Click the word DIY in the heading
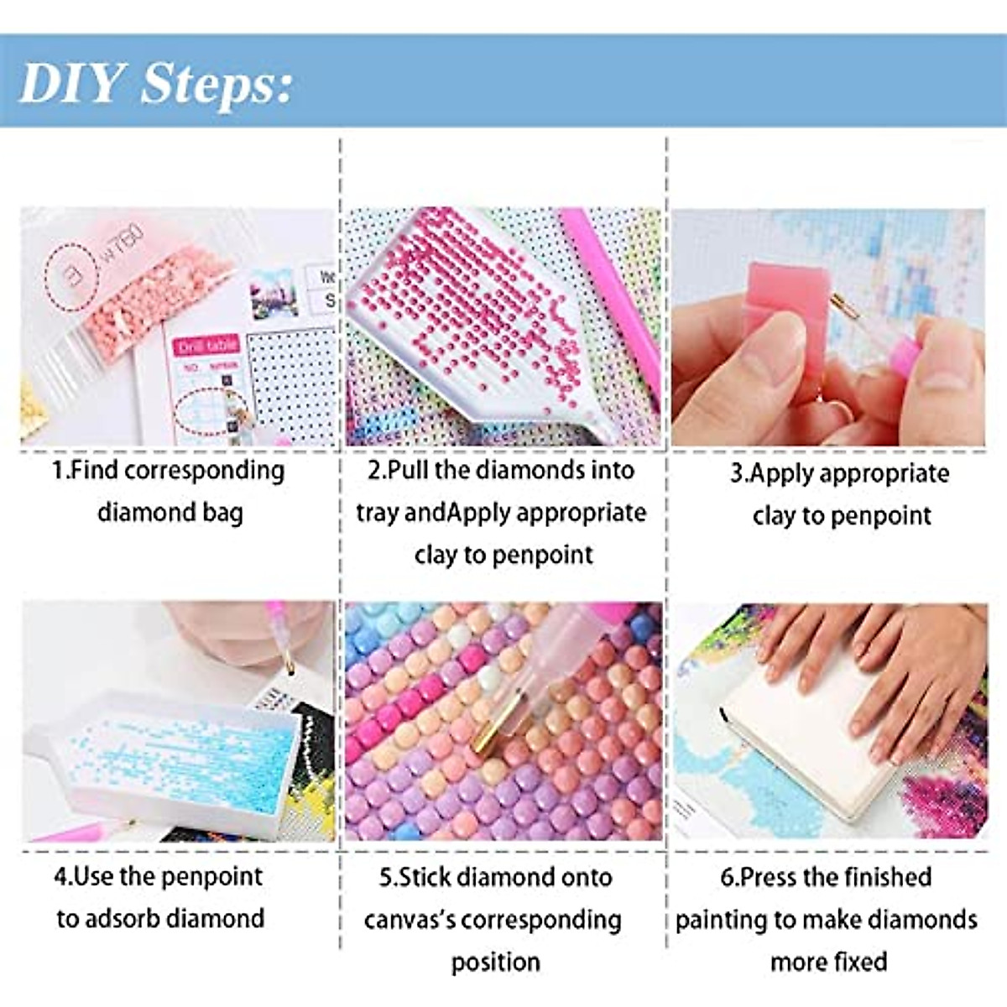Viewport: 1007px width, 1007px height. click(70, 83)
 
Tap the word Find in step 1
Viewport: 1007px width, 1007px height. click(93, 471)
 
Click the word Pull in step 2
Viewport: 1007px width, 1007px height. click(409, 471)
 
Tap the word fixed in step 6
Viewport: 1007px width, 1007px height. click(859, 961)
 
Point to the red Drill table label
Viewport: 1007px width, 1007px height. click(206, 346)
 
